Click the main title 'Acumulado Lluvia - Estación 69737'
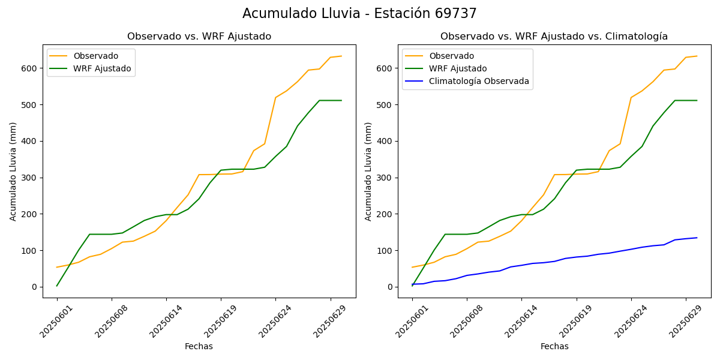[359, 14]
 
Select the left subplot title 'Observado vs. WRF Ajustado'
[199, 37]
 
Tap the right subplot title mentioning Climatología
[554, 37]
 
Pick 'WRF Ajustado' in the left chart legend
[102, 68]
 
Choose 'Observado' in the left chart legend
[96, 56]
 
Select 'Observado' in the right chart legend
[451, 56]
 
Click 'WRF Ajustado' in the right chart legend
[458, 68]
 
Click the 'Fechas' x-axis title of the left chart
[199, 346]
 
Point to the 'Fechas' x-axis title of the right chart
[554, 346]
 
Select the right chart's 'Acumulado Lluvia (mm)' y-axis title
[369, 171]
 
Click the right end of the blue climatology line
[697, 238]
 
